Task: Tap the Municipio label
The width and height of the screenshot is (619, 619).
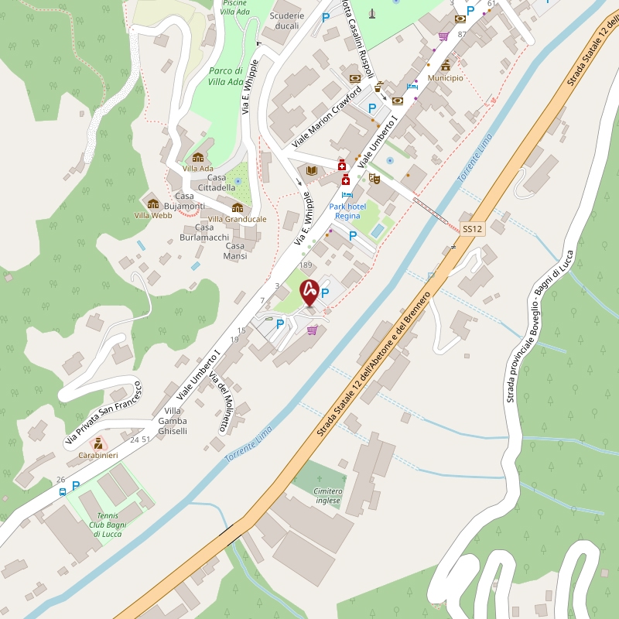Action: point(445,78)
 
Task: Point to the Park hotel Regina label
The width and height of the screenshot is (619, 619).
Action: point(347,210)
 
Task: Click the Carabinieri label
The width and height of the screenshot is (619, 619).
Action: point(98,456)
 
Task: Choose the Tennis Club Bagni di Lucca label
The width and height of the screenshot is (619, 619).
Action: point(108,525)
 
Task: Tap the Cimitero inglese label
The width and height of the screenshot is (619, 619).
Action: point(328,496)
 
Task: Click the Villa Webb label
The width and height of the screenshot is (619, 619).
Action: point(152,215)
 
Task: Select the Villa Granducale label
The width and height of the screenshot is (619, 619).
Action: point(238,219)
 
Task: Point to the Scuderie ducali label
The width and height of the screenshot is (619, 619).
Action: point(287,21)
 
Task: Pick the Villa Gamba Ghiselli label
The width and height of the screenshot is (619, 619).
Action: point(173,420)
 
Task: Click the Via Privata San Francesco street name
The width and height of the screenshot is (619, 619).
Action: point(102,411)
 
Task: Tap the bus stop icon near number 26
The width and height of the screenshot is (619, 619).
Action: point(63,491)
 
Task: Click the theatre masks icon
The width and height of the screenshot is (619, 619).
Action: point(374,178)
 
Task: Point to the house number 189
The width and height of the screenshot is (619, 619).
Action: point(306,265)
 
